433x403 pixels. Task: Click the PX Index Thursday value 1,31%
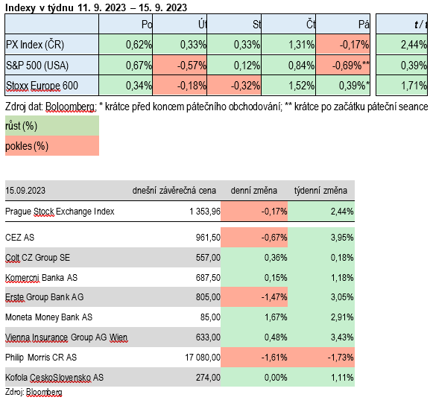302,45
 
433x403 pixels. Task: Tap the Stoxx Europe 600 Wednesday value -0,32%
245,86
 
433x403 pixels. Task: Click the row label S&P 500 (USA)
37,66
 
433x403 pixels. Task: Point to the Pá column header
364,25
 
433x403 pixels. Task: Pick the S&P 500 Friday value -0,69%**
351,66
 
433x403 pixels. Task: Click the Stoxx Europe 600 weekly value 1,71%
414,86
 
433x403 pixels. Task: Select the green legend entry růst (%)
22,126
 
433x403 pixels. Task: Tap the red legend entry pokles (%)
27,146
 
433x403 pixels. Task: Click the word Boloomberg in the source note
70,107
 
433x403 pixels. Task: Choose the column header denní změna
254,191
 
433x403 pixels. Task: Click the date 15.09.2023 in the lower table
25,191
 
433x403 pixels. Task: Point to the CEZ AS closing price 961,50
208,238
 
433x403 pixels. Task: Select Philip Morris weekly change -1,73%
341,358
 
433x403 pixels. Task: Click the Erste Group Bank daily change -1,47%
274,297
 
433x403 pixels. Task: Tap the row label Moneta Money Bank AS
48,317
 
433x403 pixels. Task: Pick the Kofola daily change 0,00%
276,378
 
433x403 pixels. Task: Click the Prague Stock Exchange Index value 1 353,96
205,212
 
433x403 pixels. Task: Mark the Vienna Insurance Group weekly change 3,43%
342,337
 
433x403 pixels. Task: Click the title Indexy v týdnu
39,7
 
